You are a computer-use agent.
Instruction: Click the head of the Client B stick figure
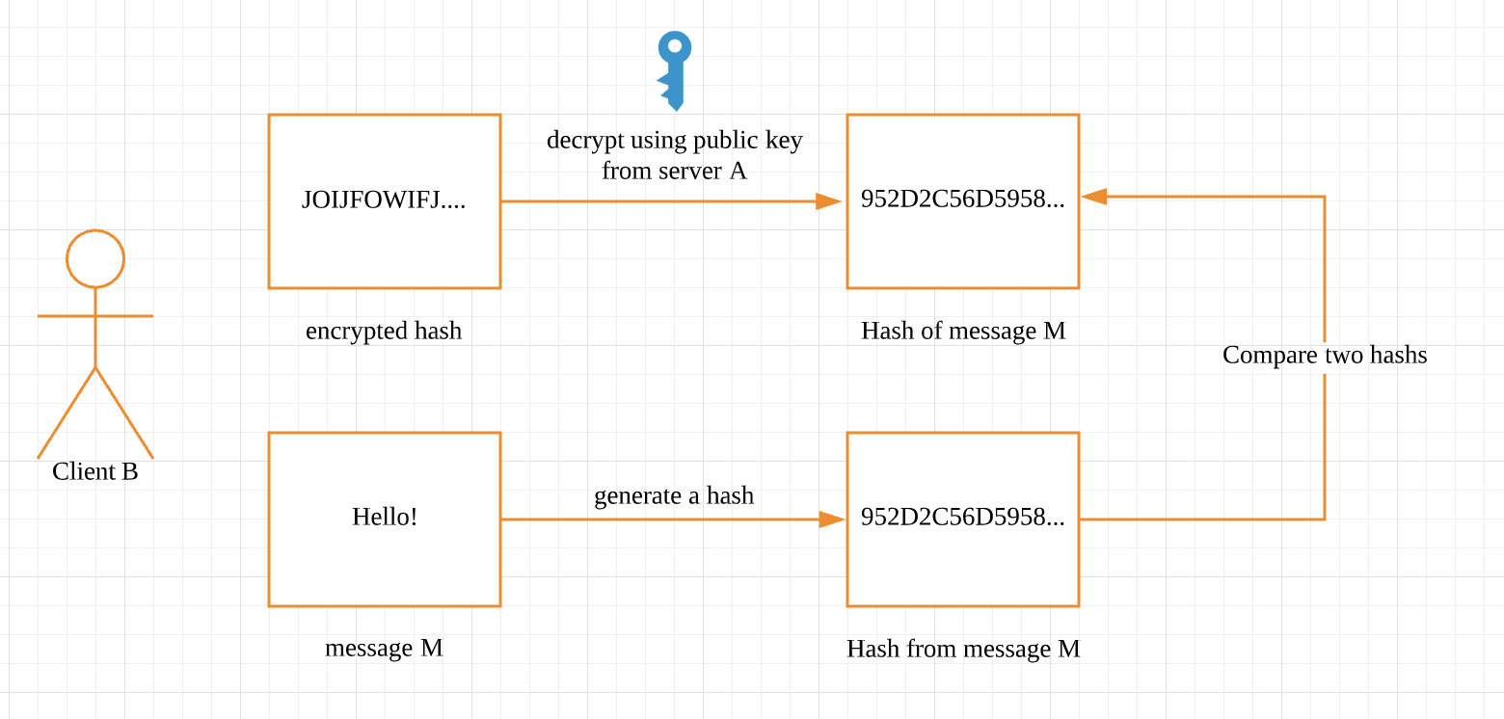coord(95,258)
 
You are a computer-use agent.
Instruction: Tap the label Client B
coord(95,471)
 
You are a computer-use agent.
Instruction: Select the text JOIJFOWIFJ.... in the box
coord(384,200)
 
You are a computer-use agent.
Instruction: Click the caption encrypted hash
coord(384,331)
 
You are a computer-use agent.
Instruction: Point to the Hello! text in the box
coord(385,517)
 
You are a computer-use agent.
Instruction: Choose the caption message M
coord(384,648)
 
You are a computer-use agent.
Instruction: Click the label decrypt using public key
coord(674,141)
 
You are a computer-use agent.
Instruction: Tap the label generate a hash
coord(674,495)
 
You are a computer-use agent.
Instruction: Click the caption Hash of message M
coord(963,331)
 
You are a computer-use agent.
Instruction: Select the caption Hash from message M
coord(963,649)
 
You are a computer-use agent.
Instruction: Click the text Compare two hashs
coord(1325,355)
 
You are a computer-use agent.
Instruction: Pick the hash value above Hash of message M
coord(962,200)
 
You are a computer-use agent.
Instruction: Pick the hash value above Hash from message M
coord(962,518)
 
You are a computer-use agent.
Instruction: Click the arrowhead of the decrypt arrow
coord(829,201)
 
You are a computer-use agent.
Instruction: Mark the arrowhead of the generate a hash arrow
coord(831,519)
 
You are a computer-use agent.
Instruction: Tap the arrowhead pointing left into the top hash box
coord(1093,197)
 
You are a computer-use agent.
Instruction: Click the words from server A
coord(674,172)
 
